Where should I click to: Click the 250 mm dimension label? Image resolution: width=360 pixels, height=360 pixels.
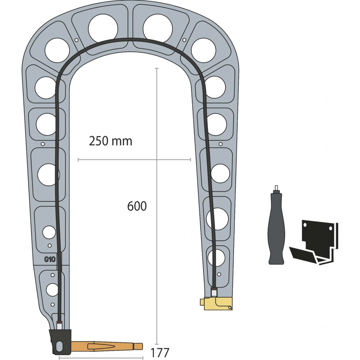111,141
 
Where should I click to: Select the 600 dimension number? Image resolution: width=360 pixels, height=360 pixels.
137,206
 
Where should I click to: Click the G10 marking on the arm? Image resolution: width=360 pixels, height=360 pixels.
50,260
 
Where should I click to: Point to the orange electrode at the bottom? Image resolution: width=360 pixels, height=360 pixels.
107,346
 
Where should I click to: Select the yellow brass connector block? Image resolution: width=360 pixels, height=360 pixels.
218,303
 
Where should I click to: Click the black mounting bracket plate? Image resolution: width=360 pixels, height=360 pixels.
320,239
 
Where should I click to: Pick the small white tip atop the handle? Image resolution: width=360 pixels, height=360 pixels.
276,188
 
